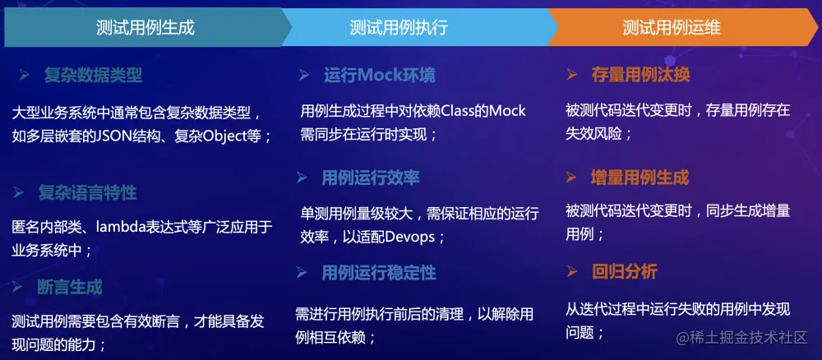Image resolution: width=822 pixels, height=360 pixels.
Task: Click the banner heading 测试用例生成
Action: tap(145, 27)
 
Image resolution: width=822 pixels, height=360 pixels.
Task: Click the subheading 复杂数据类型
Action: tap(93, 76)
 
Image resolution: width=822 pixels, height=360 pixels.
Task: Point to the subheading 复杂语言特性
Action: tap(87, 193)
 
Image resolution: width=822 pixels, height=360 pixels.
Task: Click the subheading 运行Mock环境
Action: tap(380, 76)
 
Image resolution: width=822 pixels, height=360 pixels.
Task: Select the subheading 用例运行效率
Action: tap(371, 178)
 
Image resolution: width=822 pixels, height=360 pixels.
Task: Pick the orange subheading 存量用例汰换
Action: tap(641, 75)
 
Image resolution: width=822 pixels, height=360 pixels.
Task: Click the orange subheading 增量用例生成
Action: tap(640, 178)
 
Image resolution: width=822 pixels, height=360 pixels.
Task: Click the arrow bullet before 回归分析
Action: tap(572, 272)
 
